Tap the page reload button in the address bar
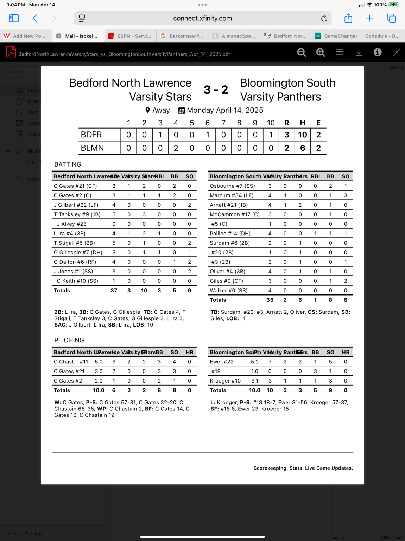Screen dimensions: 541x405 [x=324, y=18]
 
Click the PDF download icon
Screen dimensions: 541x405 [x=359, y=52]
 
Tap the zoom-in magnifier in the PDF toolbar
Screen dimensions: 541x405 [x=321, y=52]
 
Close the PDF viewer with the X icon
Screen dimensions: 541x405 [x=397, y=52]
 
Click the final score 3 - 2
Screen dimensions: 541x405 [x=216, y=90]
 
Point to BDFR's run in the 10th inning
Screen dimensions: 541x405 [x=271, y=135]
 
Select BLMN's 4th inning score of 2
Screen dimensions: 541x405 [x=176, y=148]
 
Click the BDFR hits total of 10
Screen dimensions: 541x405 [x=303, y=135]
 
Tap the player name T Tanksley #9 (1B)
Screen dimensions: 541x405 [x=77, y=214]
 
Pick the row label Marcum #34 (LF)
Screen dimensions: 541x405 [x=232, y=195]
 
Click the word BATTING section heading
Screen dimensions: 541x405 [x=68, y=164]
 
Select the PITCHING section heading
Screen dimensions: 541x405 [x=69, y=340]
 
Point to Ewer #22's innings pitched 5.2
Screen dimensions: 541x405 [x=255, y=362]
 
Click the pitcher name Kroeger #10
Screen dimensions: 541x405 [x=225, y=381]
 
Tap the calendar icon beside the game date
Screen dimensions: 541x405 [x=181, y=111]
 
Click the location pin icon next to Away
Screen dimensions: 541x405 [x=148, y=111]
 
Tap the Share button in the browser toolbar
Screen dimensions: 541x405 [x=348, y=18]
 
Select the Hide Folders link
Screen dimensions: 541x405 [x=26, y=534]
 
